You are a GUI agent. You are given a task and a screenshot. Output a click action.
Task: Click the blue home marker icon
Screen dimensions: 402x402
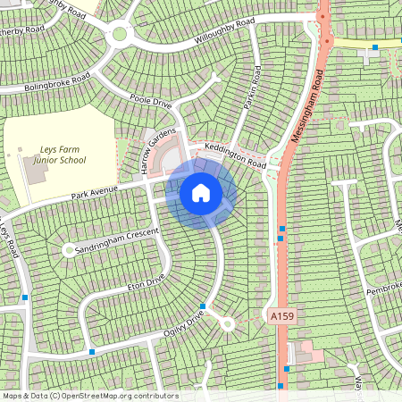click(x=201, y=192)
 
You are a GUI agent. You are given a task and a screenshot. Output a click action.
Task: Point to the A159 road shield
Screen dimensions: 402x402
click(x=281, y=316)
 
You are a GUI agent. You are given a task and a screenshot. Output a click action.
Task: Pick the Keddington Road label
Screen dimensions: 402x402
click(x=235, y=156)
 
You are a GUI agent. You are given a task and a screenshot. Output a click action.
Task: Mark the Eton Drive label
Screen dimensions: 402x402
click(x=145, y=282)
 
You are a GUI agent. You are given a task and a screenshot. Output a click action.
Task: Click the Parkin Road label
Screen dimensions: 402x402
click(x=251, y=86)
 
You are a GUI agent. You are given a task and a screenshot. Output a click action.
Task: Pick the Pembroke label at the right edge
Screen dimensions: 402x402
click(x=385, y=290)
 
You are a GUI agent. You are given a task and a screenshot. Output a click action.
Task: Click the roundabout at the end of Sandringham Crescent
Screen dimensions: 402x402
click(x=69, y=251)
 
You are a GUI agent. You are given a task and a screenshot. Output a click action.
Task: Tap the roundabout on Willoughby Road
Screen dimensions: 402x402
click(x=119, y=35)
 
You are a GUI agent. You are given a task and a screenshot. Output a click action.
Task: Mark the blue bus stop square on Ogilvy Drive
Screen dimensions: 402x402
click(x=203, y=306)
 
